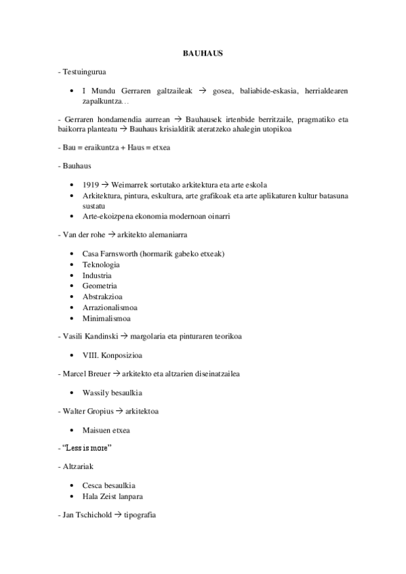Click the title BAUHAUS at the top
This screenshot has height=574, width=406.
[203, 53]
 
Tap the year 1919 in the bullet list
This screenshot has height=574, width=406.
[91, 184]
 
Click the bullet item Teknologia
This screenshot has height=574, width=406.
[101, 265]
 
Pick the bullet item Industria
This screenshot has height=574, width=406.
[97, 275]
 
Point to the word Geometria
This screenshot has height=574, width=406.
[100, 286]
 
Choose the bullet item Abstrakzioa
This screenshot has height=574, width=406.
[102, 296]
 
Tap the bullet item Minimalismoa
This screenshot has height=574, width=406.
[106, 318]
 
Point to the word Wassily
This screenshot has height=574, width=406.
[95, 393]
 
